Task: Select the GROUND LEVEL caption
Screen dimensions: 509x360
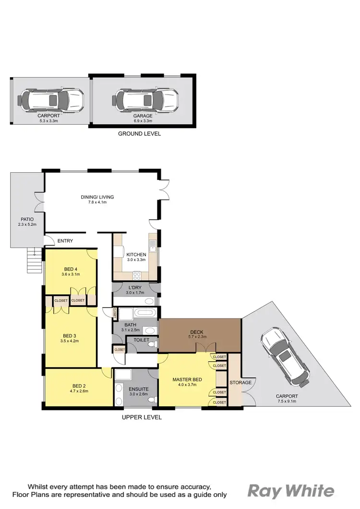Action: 139,134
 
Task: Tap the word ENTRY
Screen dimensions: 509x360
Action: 65,241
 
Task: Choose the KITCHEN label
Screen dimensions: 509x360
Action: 136,255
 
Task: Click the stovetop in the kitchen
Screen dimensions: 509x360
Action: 136,275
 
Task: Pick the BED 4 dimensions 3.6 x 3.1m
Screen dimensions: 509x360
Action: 71,274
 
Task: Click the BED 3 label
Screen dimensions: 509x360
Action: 70,335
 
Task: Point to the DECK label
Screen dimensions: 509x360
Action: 198,331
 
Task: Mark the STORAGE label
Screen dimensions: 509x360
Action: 240,382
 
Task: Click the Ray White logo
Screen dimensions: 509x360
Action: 291,491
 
